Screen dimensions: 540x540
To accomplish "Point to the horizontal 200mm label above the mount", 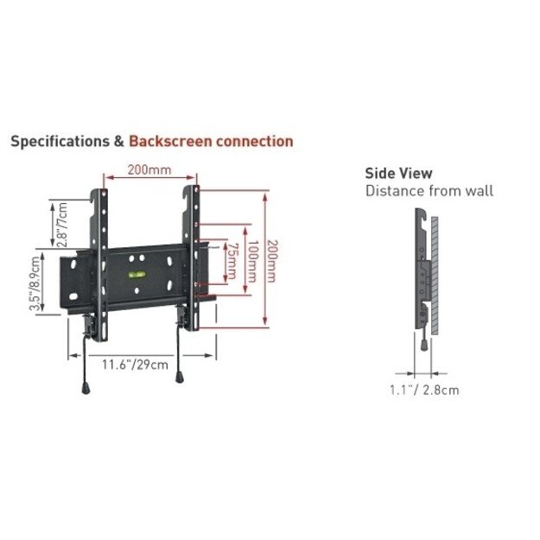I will (149, 169).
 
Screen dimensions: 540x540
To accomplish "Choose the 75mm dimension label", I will (231, 261).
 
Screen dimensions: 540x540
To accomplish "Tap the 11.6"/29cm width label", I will (135, 365).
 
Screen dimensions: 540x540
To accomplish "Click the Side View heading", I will (398, 174).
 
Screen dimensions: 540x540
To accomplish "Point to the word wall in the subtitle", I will (478, 191).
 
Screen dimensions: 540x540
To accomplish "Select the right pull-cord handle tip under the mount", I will (180, 376).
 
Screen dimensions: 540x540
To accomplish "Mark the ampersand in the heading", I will (118, 141).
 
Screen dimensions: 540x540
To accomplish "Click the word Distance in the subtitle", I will (394, 191).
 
